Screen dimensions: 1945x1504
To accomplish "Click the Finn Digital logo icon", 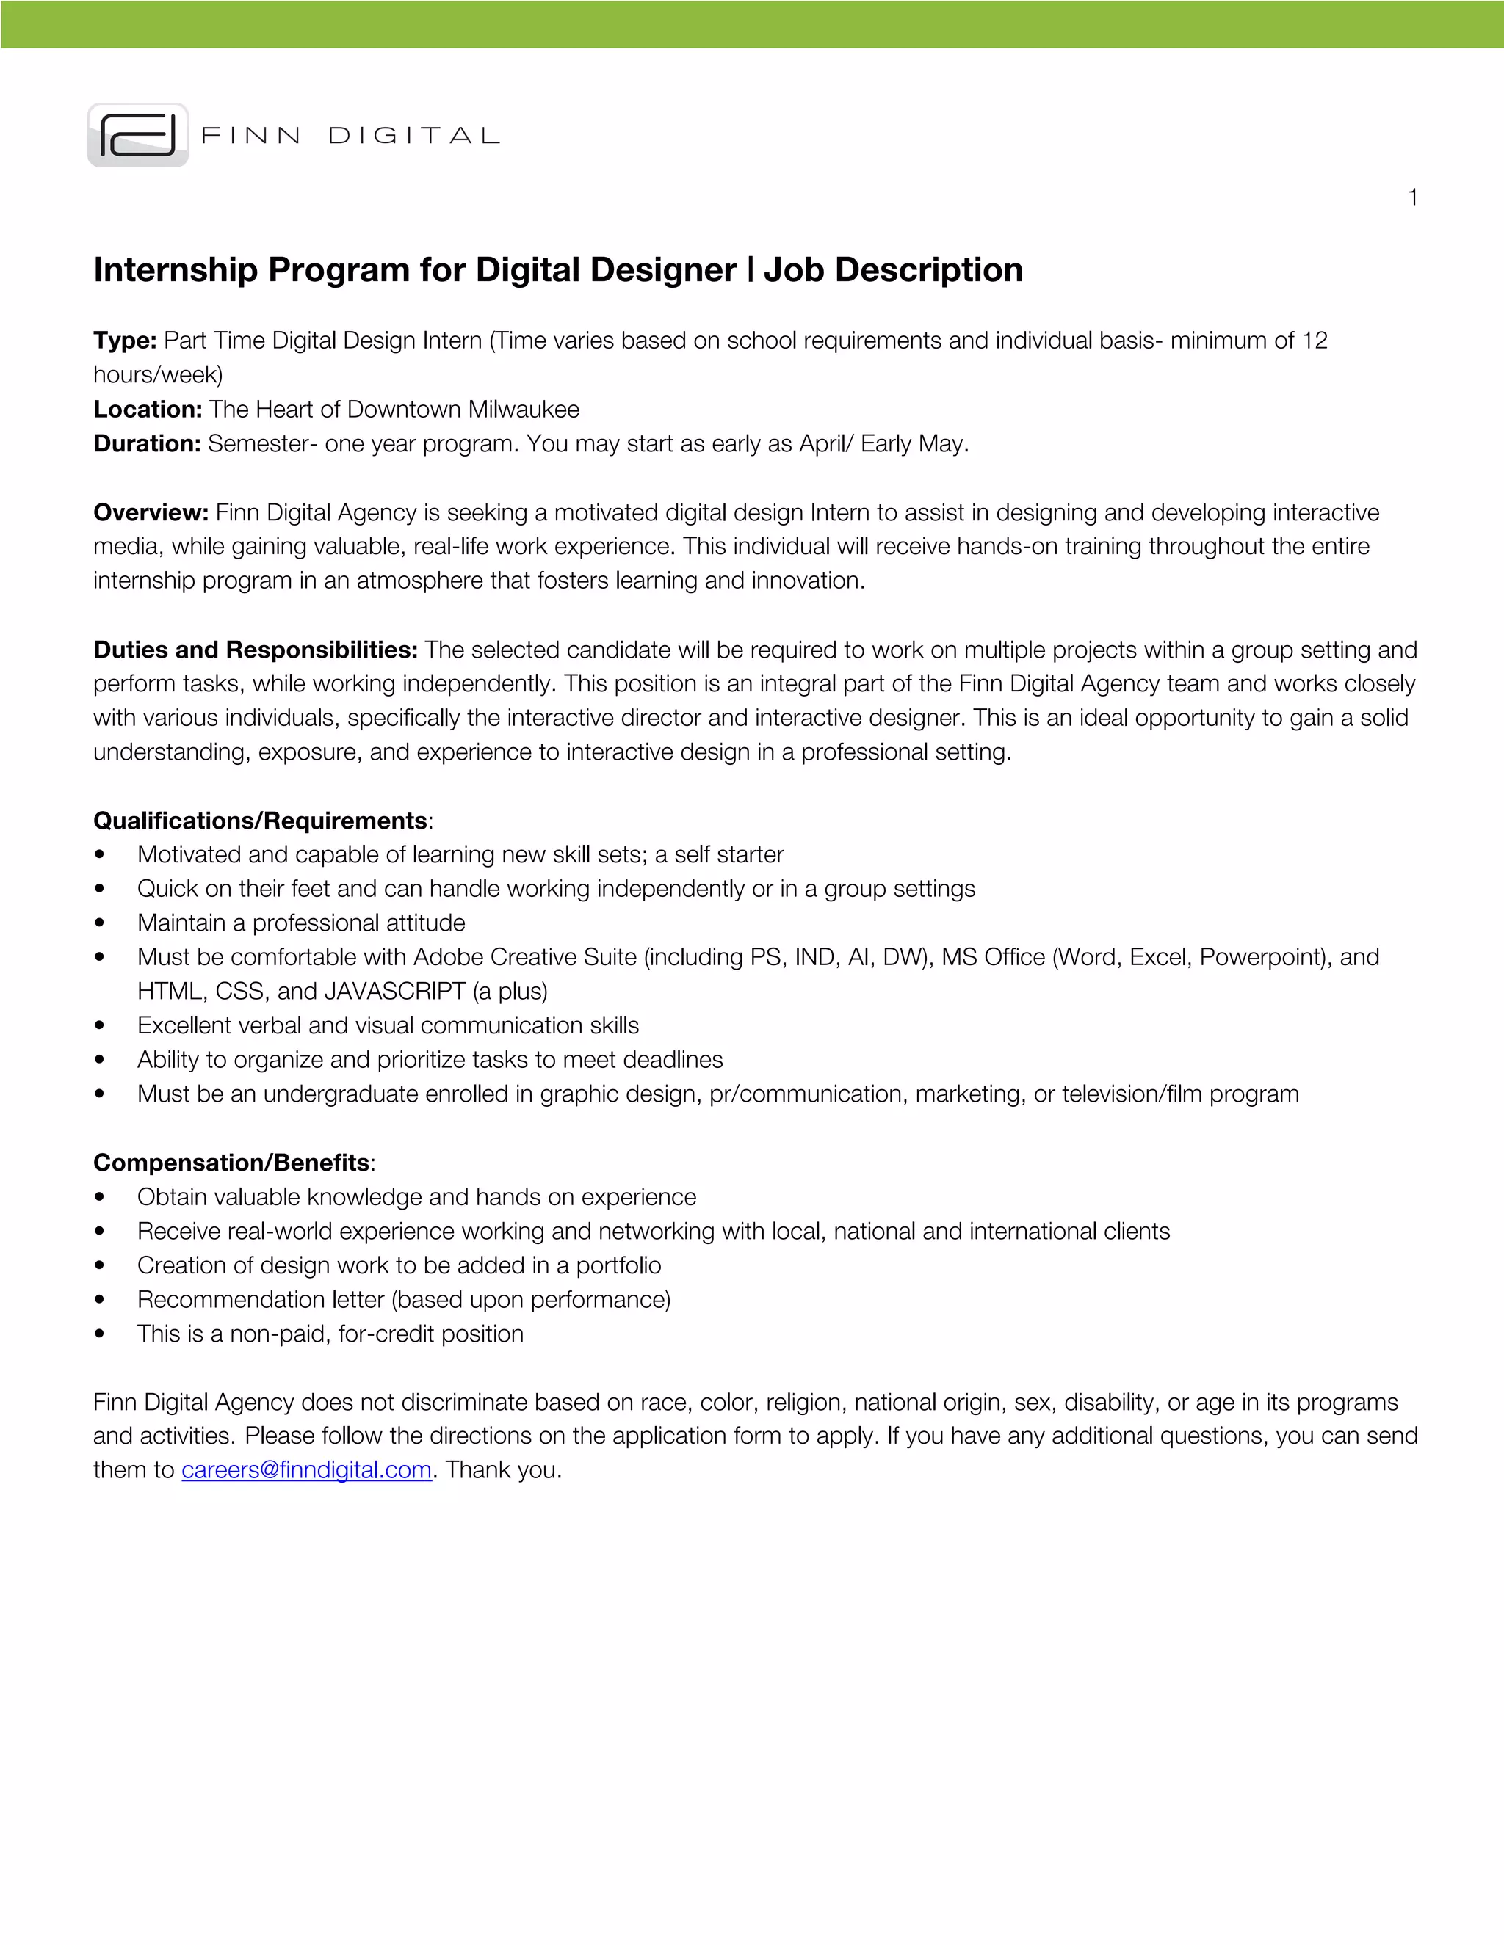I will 138,135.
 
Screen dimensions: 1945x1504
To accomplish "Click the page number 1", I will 1412,197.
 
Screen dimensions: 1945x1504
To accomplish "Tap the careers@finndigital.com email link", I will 306,1469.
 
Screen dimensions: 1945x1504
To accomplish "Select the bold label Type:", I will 125,341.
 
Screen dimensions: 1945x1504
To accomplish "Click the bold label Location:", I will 148,410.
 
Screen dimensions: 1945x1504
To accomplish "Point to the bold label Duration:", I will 147,443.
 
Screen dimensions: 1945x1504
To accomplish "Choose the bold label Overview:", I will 151,512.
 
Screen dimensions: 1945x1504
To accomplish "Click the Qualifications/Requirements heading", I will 260,821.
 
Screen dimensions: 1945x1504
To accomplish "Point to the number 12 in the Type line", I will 1315,341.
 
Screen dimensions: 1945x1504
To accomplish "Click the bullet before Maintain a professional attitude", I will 100,923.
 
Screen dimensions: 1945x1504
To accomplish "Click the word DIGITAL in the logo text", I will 414,135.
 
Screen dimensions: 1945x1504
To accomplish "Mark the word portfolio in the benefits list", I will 618,1265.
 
